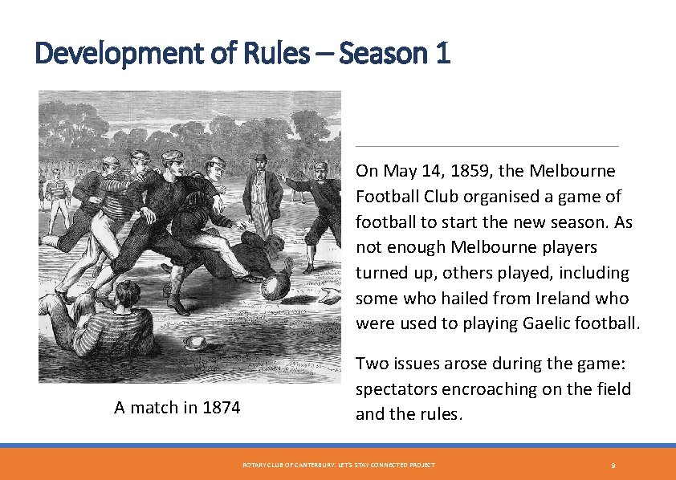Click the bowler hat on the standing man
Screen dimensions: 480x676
coord(260,157)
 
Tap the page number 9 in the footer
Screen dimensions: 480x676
coord(613,466)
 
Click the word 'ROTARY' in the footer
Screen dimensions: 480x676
coord(253,466)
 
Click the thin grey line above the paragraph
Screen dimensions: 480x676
coord(487,147)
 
